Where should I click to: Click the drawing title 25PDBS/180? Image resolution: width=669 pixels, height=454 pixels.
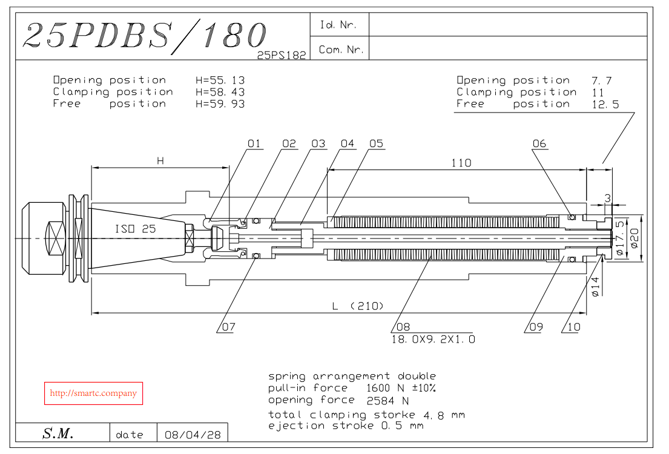point(143,36)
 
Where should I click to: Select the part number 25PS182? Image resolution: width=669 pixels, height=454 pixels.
point(282,54)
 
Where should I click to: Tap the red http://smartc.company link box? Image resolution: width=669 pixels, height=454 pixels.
point(93,393)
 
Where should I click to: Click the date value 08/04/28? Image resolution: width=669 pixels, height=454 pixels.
point(193,435)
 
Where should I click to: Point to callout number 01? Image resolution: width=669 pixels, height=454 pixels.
point(254,144)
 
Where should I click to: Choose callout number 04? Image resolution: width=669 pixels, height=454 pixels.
point(347,144)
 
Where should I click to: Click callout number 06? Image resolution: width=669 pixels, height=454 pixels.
point(539,144)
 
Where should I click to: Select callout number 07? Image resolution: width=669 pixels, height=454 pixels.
point(228,327)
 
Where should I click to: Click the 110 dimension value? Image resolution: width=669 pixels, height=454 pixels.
point(461,162)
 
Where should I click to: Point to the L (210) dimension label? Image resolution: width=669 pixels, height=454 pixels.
point(358,306)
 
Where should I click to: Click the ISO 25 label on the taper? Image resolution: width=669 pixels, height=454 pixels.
point(135,229)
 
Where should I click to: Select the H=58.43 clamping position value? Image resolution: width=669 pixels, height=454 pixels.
point(220,92)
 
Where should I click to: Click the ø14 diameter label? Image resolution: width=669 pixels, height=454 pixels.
point(596,286)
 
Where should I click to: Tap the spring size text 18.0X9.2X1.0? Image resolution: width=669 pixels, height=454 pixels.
point(433,339)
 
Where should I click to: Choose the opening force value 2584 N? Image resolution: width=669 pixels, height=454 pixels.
point(388,401)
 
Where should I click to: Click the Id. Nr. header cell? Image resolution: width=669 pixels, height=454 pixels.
point(338,25)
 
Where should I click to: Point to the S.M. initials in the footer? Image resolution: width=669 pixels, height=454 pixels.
point(58,433)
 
